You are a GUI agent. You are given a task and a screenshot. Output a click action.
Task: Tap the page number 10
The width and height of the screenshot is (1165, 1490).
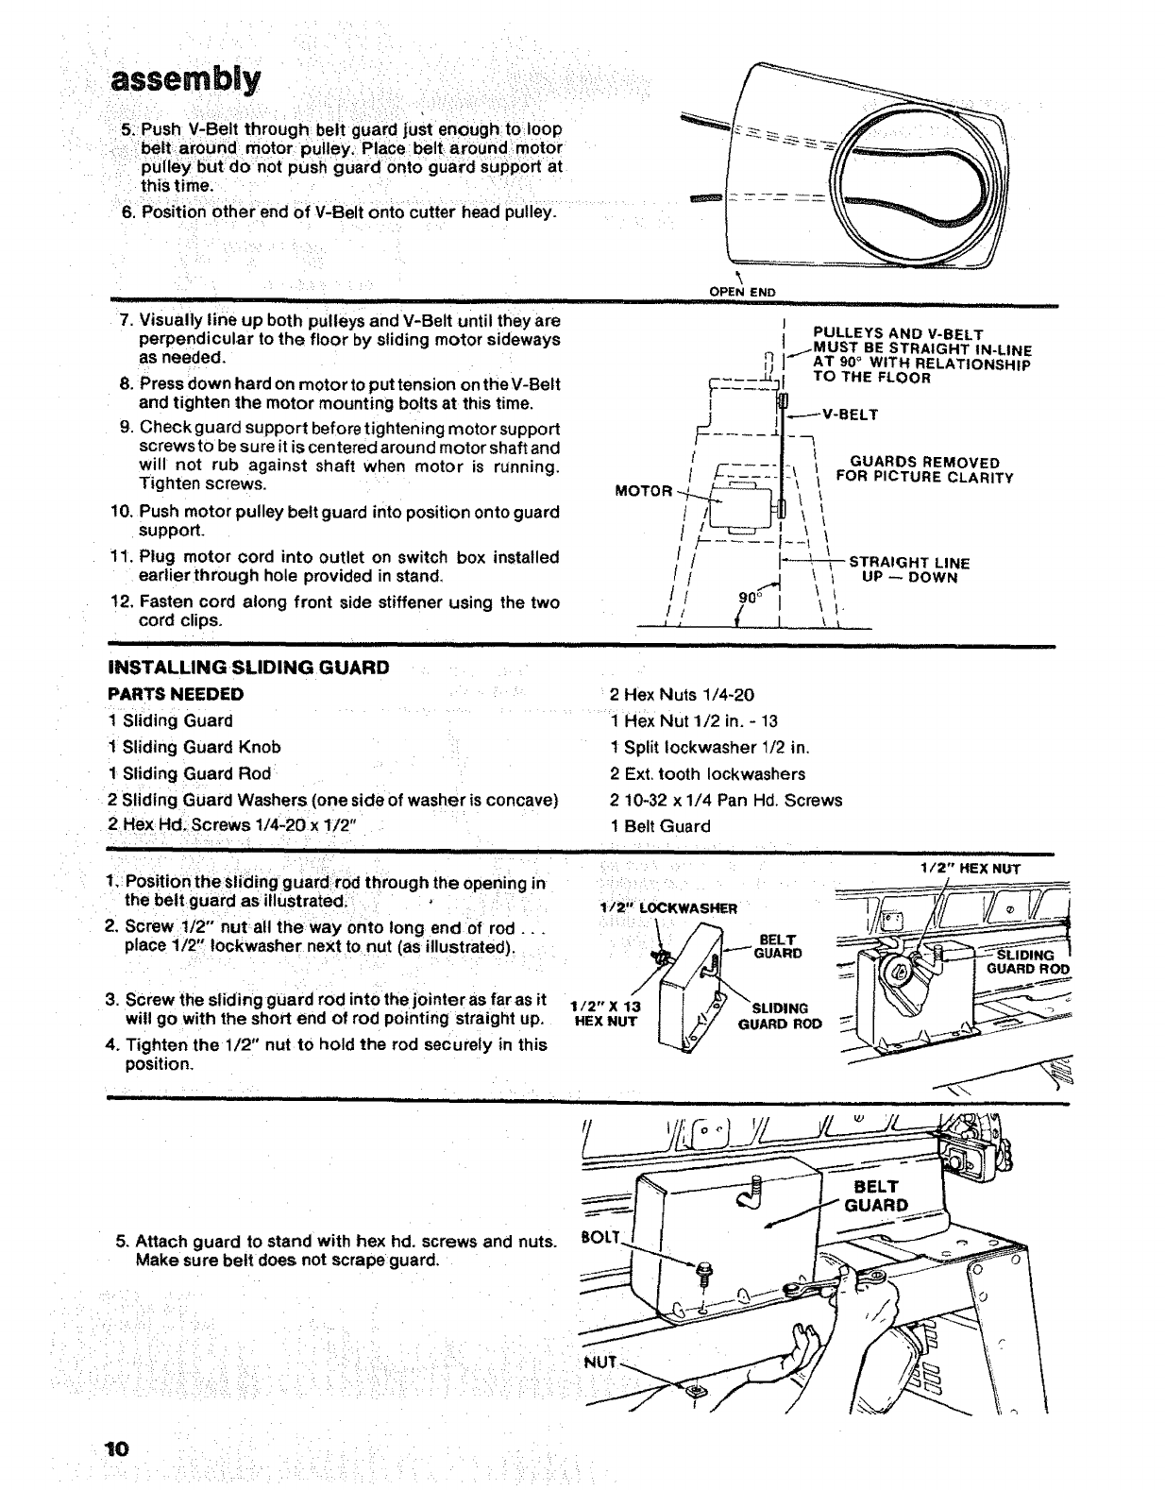pyautogui.click(x=118, y=1449)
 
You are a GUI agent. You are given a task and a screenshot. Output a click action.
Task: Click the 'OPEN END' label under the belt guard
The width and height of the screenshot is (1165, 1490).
pyautogui.click(x=742, y=292)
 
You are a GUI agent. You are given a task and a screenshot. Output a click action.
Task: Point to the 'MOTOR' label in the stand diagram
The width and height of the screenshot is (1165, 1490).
pyautogui.click(x=643, y=491)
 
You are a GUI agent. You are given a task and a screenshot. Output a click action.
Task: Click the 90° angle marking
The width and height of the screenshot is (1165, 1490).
pyautogui.click(x=749, y=598)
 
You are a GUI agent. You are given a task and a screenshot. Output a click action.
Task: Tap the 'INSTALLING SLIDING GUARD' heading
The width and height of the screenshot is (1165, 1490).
pyautogui.click(x=249, y=668)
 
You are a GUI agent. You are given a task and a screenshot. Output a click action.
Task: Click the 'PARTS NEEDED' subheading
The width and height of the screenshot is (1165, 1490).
pyautogui.click(x=177, y=694)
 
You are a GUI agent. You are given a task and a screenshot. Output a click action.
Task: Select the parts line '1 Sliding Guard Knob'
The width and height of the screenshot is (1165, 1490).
pyautogui.click(x=194, y=747)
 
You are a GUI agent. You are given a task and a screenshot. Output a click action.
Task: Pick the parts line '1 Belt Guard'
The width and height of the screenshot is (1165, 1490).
pyautogui.click(x=661, y=826)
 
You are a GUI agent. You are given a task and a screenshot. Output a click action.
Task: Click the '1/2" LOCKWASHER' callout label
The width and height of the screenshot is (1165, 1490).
pyautogui.click(x=668, y=908)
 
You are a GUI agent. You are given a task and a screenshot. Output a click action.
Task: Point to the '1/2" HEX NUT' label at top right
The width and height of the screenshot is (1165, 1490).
pyautogui.click(x=971, y=869)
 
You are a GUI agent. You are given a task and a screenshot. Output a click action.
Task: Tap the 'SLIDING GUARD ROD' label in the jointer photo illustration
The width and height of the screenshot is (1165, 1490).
pyautogui.click(x=1027, y=962)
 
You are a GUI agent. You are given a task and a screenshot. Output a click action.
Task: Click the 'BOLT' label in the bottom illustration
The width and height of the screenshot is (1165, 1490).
pyautogui.click(x=598, y=1237)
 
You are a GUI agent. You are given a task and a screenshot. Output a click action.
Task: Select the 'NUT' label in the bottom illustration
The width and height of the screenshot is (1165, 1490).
pyautogui.click(x=600, y=1363)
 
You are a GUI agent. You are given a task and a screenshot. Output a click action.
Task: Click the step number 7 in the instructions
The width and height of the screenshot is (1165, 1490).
pyautogui.click(x=125, y=321)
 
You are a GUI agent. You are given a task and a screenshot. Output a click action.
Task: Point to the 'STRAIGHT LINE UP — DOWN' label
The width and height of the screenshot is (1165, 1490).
pyautogui.click(x=909, y=570)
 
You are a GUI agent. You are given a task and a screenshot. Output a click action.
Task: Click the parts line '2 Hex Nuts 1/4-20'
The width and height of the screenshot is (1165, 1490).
pyautogui.click(x=683, y=695)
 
